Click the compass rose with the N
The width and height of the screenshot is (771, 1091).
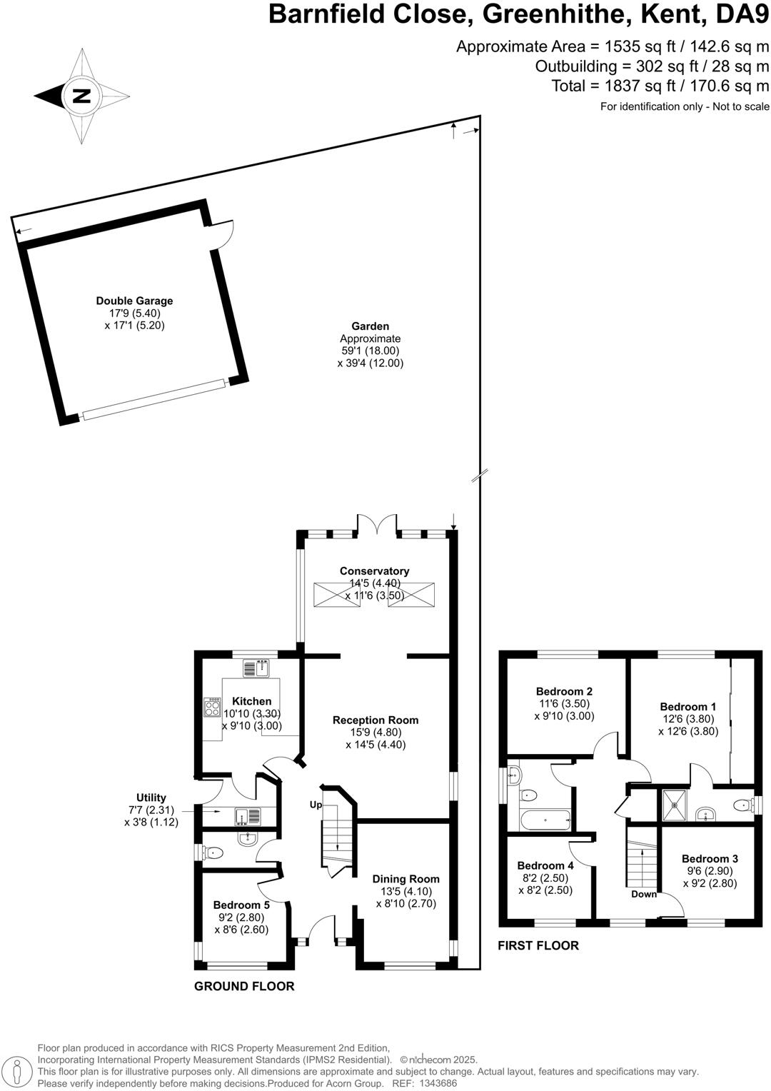coord(82,96)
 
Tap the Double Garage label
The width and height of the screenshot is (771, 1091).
coord(134,301)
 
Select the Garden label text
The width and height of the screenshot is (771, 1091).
coord(370,326)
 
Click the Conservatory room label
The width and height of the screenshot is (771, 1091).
coord(374,570)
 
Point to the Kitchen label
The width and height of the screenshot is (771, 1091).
coord(251,701)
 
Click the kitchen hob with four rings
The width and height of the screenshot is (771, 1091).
coord(212,707)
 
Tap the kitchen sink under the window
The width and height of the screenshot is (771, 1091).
coord(255,668)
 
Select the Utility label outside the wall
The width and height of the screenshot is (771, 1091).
coord(151,798)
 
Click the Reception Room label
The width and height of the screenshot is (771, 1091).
coord(376,720)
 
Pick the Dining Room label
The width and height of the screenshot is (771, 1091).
coord(405,879)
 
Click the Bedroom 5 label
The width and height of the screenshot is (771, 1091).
coord(241,905)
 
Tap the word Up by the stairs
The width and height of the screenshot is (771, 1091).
coord(316,805)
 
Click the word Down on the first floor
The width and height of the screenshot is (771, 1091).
coord(643,894)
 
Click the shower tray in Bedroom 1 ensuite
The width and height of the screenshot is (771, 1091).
coord(674,805)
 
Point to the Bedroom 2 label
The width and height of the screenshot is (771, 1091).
coord(564,691)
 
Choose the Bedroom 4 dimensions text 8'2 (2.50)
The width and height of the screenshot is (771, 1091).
coord(545,878)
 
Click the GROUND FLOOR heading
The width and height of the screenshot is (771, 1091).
coord(244,986)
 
